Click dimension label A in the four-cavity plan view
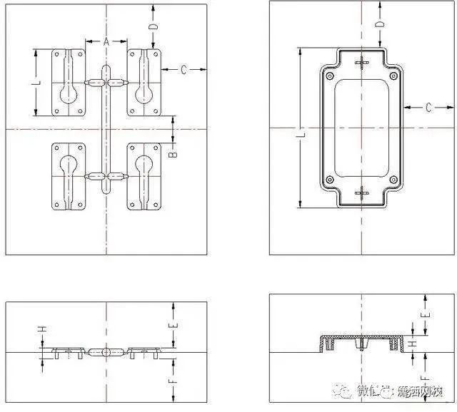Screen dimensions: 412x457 (x=106, y=42)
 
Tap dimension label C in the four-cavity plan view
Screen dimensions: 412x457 (x=184, y=70)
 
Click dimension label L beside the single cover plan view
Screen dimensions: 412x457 (x=301, y=133)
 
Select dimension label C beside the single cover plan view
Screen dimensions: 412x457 (x=428, y=108)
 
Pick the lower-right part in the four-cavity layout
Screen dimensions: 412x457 (x=144, y=176)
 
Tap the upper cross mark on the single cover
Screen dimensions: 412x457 (x=363, y=62)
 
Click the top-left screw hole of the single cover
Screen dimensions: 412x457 (x=329, y=74)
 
